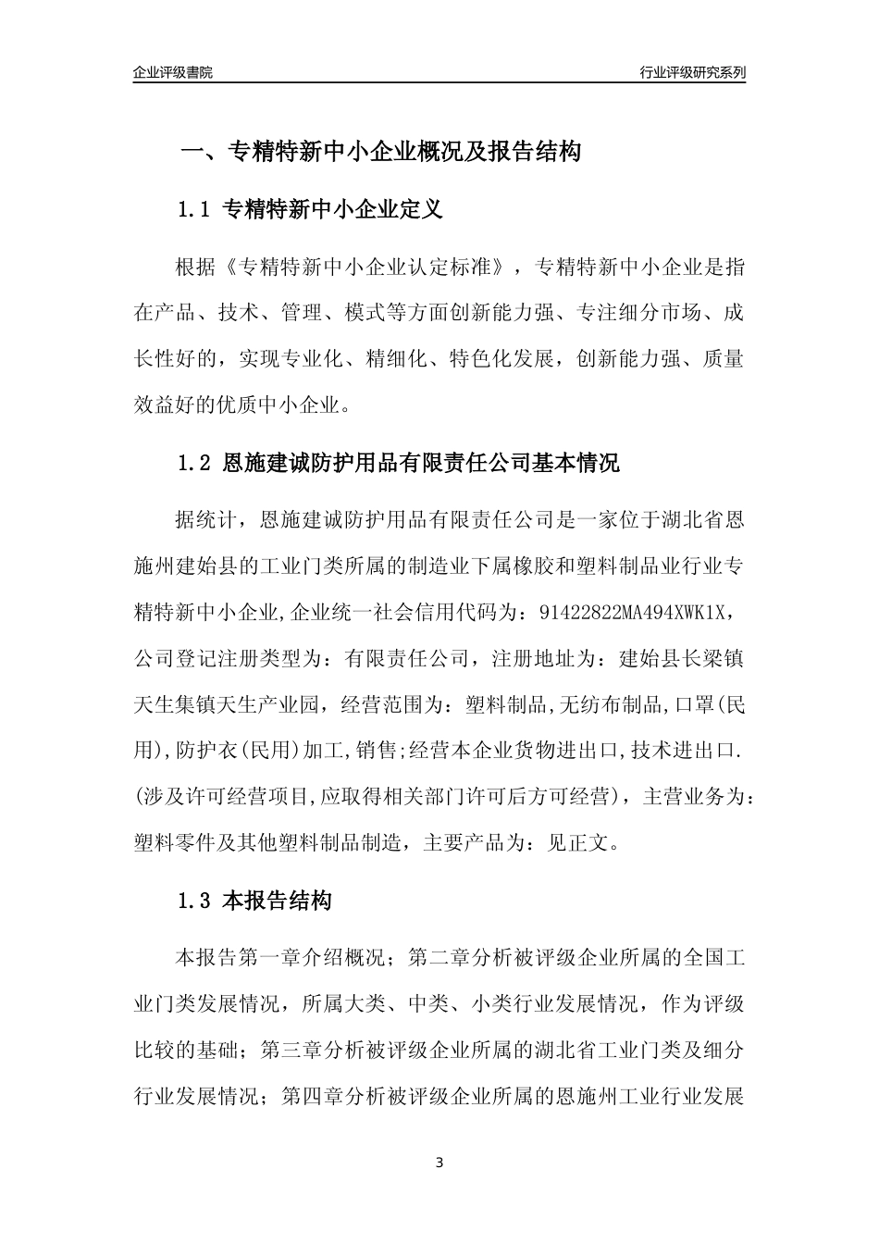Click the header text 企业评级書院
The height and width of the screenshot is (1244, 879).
tap(173, 72)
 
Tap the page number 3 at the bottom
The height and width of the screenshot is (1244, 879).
tap(439, 1163)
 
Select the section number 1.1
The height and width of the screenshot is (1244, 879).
tap(195, 210)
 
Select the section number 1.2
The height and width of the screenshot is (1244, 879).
tap(195, 463)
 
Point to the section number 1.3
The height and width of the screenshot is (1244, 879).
tap(195, 900)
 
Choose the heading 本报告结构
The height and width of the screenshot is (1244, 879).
tap(278, 900)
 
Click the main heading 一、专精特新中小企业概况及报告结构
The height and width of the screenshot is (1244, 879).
tap(380, 152)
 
